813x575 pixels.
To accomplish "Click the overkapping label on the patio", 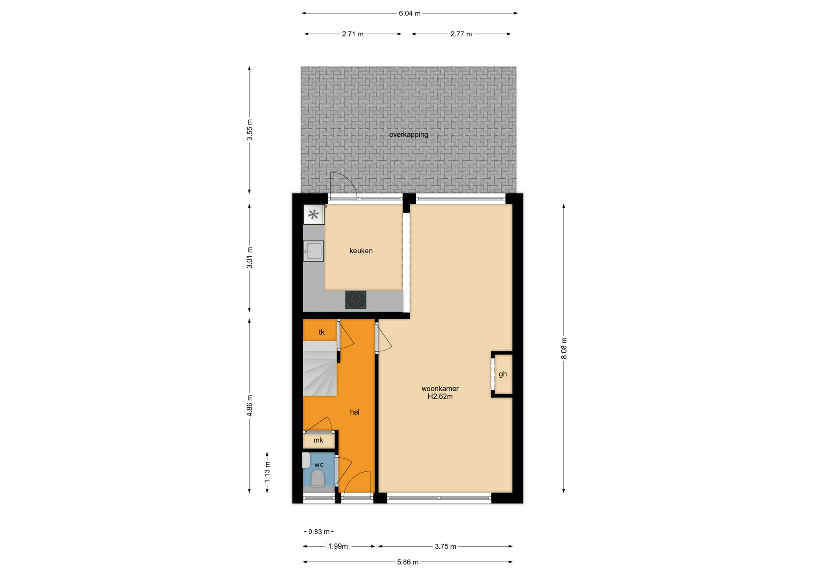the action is pyautogui.click(x=409, y=135).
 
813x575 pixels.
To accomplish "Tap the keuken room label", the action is pyautogui.click(x=361, y=251).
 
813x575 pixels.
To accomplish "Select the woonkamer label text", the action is pyautogui.click(x=440, y=389).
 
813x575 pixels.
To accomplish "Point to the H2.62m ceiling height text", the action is pyautogui.click(x=440, y=397).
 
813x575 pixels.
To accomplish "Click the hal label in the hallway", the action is pyautogui.click(x=354, y=412).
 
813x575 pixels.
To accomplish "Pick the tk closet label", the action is pyautogui.click(x=321, y=332).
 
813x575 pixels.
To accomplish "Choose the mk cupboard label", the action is pyautogui.click(x=318, y=440).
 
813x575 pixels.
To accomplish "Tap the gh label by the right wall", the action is pyautogui.click(x=503, y=374).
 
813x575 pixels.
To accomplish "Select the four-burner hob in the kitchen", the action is pyautogui.click(x=356, y=300).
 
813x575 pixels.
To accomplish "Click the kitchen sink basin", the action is pyautogui.click(x=313, y=251).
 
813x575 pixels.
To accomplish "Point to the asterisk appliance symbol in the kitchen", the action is pyautogui.click(x=313, y=215).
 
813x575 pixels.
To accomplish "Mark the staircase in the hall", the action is pyautogui.click(x=320, y=368).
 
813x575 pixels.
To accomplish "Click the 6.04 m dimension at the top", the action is pyautogui.click(x=409, y=13).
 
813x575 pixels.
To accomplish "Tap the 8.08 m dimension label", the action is pyautogui.click(x=564, y=348).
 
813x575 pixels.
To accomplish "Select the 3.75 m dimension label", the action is pyautogui.click(x=445, y=547).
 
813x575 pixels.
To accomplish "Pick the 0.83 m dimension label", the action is pyautogui.click(x=319, y=532).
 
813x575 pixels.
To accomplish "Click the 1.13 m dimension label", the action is pyautogui.click(x=267, y=472).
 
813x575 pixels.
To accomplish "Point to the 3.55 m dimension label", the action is pyautogui.click(x=249, y=130).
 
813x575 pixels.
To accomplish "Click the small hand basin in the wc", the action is pyautogui.click(x=306, y=461).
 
